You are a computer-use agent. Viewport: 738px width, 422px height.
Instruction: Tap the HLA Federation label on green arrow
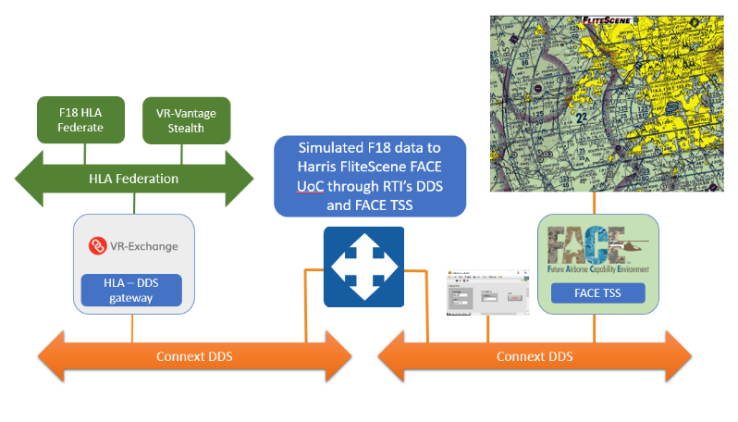(x=133, y=179)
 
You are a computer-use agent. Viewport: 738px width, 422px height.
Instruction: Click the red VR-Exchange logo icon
(x=95, y=246)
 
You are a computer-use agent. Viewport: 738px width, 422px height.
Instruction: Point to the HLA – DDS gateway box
(x=131, y=291)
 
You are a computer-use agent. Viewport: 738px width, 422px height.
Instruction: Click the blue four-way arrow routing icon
(x=363, y=267)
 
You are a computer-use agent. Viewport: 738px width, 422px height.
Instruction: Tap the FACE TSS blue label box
(x=597, y=292)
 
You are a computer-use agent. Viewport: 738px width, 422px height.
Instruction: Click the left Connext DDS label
(x=194, y=356)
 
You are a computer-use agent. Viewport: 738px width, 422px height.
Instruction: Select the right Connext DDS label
(x=535, y=356)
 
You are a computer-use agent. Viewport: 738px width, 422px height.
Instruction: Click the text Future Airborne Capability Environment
(x=597, y=269)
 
